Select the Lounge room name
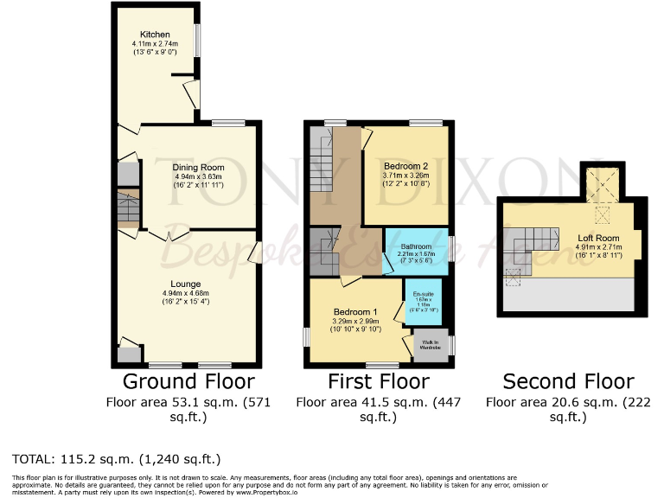coord(186,284)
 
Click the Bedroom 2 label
coord(405,165)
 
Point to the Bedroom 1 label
coord(356,311)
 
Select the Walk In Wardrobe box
coord(431,343)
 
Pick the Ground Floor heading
coord(188,381)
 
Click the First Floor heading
coord(378,381)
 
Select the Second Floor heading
coord(568,381)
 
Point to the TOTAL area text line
coord(117,458)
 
